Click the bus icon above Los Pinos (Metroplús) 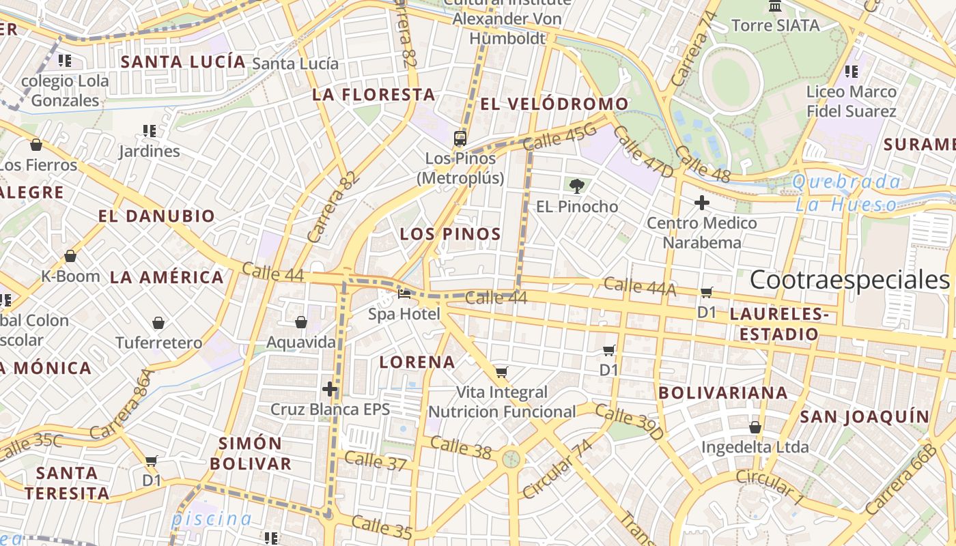point(460,139)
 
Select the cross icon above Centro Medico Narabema point(701,203)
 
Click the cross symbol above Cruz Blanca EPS point(330,389)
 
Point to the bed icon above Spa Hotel point(404,294)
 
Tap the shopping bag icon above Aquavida point(300,322)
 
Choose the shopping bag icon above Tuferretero point(158,323)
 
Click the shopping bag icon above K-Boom point(70,257)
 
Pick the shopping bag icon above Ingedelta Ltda point(755,427)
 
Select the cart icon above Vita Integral point(502,372)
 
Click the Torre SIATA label point(775,25)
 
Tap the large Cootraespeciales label point(849,280)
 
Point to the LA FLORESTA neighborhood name point(374,95)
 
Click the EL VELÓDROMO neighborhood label point(554,104)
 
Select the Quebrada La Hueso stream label point(847,193)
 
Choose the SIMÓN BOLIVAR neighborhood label point(251,453)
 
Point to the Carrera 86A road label point(120,404)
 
